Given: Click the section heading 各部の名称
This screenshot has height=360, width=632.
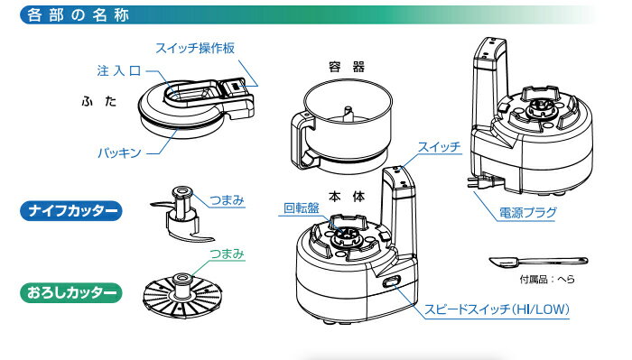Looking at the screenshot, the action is (78, 15).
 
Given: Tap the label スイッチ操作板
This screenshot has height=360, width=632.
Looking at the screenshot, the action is (195, 49).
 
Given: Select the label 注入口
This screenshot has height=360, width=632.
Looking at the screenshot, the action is (119, 71).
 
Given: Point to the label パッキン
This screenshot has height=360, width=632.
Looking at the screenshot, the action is (119, 153).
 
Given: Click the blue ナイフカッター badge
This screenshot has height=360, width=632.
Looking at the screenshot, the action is (71, 210).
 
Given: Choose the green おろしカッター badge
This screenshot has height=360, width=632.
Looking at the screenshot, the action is (71, 292).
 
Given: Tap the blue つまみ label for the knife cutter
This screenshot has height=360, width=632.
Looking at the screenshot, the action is (227, 200).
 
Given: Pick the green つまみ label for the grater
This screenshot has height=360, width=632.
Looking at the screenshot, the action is (227, 254).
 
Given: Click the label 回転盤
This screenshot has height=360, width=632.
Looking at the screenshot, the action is (302, 208).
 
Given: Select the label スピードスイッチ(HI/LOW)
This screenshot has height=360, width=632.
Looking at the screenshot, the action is (497, 309).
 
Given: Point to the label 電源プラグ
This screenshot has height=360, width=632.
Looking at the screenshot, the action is (528, 213).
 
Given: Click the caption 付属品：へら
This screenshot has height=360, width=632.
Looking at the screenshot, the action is (547, 279).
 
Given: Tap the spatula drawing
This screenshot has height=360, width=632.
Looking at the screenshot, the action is (538, 262).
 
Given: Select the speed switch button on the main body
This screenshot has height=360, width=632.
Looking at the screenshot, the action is (391, 282).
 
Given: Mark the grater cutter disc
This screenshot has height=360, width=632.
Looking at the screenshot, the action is (182, 295).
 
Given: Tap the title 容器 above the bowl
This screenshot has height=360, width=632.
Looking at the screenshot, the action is (347, 67).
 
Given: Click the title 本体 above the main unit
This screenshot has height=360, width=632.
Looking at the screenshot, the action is (347, 197).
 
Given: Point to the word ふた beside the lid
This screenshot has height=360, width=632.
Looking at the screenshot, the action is (99, 101).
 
